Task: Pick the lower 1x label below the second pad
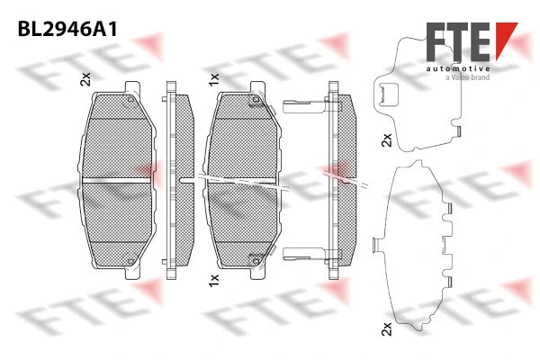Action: pos(213,281)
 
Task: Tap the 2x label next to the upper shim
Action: pos(386,140)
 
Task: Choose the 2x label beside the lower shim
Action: pos(386,329)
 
